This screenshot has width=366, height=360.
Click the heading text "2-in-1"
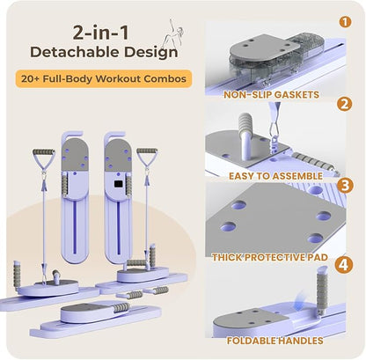[x=100, y=33]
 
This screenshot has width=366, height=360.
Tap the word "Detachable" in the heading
[x=75, y=52]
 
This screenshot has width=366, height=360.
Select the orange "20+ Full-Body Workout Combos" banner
[x=104, y=78]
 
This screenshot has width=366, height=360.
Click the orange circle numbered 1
[x=345, y=22]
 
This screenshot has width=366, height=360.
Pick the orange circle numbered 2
[x=344, y=104]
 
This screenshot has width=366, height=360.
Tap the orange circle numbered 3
[x=345, y=186]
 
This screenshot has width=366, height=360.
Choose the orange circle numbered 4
[x=344, y=265]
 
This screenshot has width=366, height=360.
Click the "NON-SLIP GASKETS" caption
[x=271, y=94]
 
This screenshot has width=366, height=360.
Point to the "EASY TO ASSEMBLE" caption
[x=275, y=176]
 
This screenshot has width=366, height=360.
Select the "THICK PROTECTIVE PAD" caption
[x=270, y=257]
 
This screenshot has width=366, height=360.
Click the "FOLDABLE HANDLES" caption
[x=275, y=341]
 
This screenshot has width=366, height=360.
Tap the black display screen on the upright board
[x=118, y=184]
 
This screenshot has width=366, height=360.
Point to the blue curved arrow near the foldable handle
[x=298, y=301]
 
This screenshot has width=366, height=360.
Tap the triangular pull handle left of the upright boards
[x=44, y=159]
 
